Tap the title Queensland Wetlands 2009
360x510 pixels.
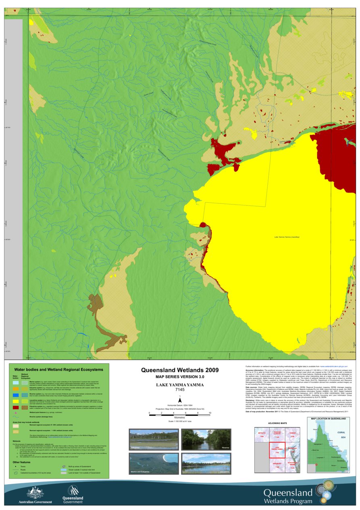(180, 370)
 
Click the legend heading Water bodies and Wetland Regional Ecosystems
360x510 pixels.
(58, 369)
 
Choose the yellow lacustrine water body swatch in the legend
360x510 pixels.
(15, 401)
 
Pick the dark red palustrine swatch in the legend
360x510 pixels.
(15, 408)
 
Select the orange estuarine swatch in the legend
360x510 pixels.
(15, 389)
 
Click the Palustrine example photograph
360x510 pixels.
(154, 440)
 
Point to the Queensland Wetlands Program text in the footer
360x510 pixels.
(288, 496)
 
